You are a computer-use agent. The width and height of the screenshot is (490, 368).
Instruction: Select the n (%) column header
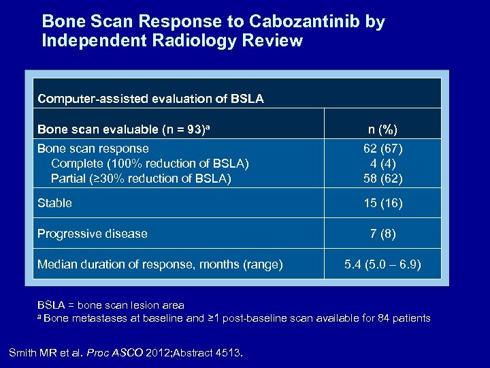[x=383, y=129]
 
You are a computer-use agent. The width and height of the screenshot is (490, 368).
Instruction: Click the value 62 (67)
[x=383, y=149]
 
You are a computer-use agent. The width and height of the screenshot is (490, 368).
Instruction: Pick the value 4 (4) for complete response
[x=383, y=164]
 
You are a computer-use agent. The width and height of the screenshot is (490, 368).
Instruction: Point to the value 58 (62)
[x=383, y=179]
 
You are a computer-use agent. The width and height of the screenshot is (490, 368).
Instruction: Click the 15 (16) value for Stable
[x=383, y=203]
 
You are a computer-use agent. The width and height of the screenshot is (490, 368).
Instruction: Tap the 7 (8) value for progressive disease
[x=383, y=234]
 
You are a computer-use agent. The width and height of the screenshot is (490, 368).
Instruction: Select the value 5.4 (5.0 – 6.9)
[x=383, y=264]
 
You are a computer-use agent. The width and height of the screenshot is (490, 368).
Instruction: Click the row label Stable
[x=54, y=203]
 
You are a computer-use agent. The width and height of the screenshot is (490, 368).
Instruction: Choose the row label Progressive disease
[x=92, y=234]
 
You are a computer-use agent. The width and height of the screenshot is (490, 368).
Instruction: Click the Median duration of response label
[x=159, y=264]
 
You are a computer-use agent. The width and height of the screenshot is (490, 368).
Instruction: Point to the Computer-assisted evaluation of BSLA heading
[x=150, y=99]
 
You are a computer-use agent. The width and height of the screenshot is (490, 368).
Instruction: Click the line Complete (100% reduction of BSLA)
[x=150, y=164]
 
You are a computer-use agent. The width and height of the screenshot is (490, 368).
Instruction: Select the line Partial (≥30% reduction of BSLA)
[x=141, y=179]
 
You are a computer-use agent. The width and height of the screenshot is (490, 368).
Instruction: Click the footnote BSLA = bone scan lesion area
[x=110, y=305]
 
